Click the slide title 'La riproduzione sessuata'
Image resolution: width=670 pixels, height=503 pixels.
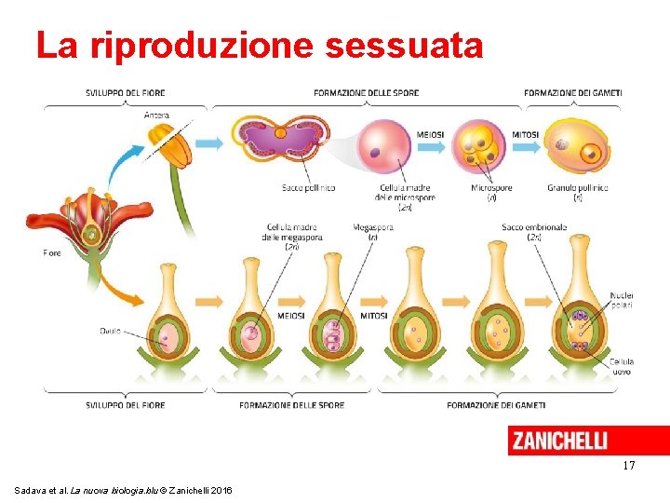coord(260,46)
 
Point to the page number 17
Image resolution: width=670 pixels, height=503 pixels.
coord(629,465)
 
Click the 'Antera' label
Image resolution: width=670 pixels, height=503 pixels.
coord(156,115)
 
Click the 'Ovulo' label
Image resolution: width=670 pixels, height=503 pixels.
coord(110,331)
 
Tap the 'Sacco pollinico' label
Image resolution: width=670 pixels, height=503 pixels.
coord(308,188)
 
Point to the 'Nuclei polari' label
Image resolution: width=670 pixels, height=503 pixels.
coord(621,301)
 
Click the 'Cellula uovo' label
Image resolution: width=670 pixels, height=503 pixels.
coord(621,366)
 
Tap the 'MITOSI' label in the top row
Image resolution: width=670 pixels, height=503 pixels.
coord(525,134)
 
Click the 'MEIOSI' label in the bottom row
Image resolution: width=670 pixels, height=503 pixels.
coord(290,315)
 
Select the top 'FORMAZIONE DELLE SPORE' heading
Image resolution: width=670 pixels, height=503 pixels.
coord(366,92)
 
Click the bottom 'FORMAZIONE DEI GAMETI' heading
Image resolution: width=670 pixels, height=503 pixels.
coord(496,405)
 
